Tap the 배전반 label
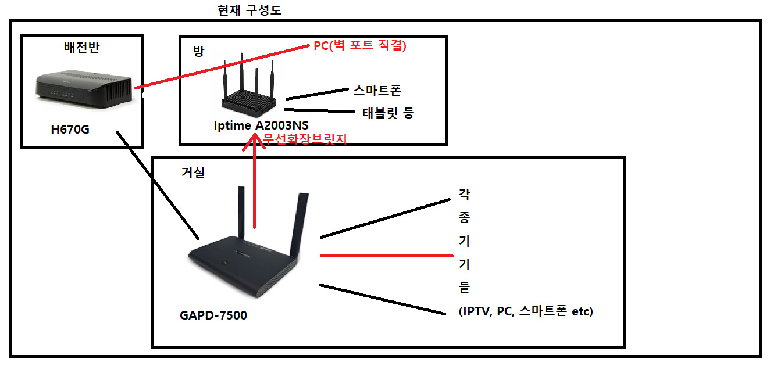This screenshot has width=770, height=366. point(81,47)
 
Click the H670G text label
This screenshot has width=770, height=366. point(70,129)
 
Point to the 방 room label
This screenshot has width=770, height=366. point(199,51)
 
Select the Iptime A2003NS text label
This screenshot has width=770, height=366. point(261,125)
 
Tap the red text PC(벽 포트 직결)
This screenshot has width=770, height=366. point(359,45)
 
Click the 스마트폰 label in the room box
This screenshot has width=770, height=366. point(377,90)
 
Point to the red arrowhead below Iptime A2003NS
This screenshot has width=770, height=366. point(255,141)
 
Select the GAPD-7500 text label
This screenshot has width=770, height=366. point(213,315)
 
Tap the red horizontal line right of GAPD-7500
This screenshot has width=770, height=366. point(386,256)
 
